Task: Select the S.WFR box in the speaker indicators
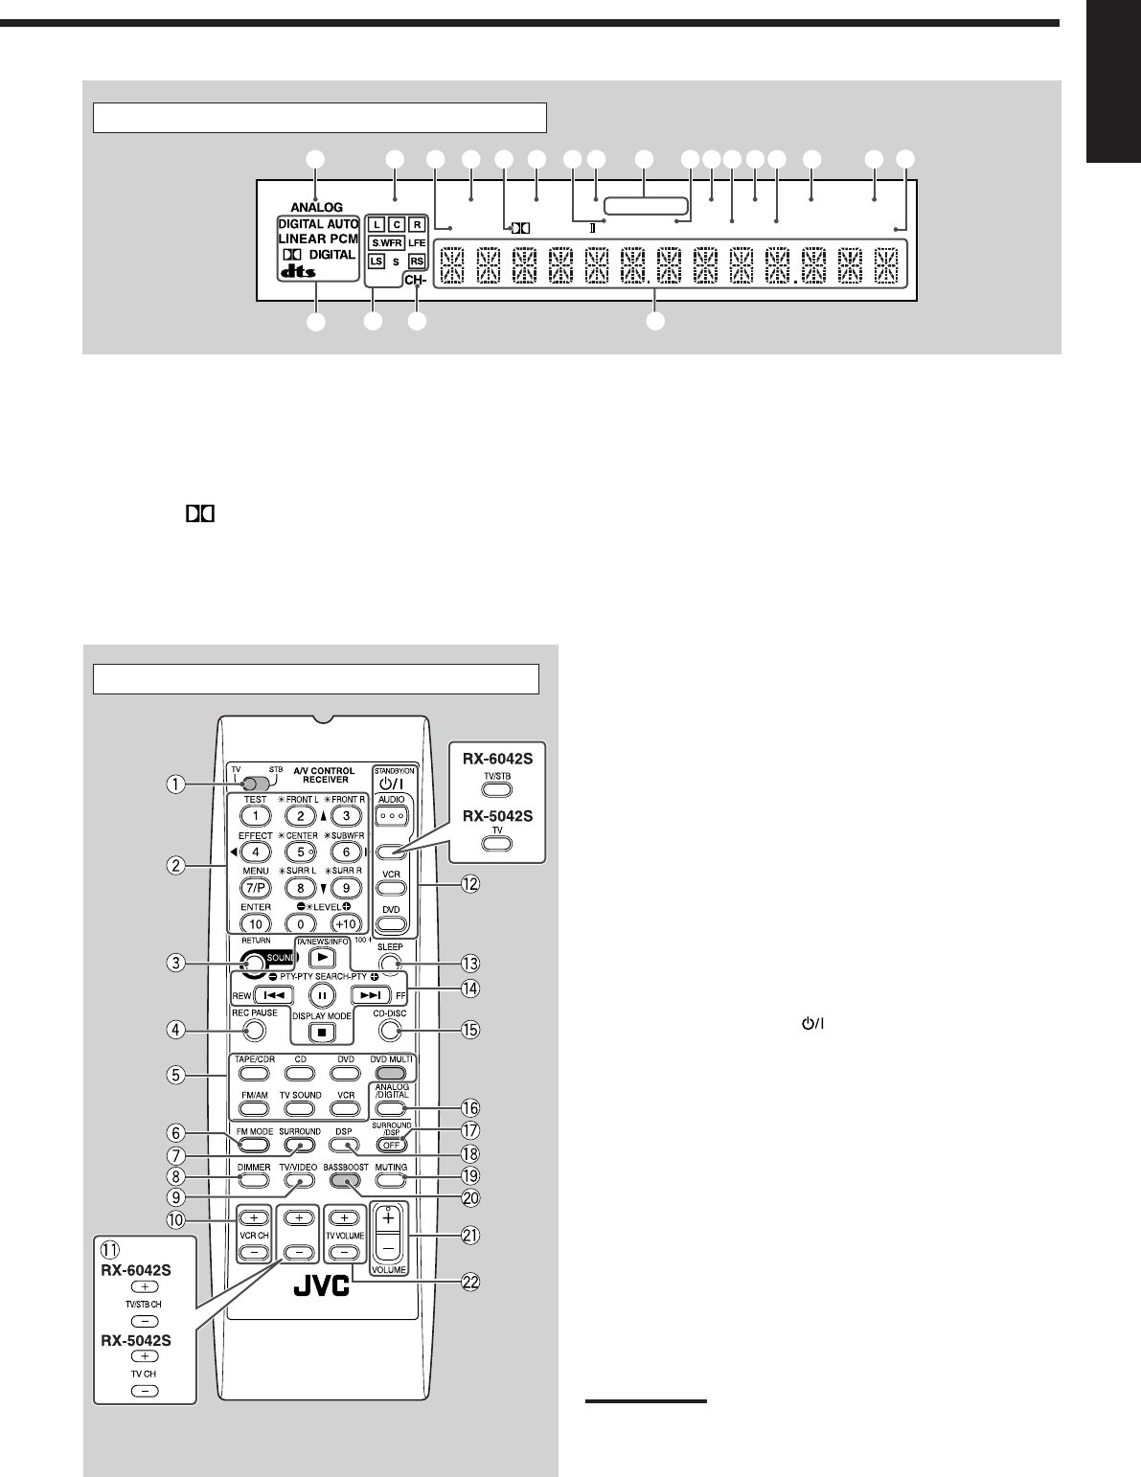pos(388,242)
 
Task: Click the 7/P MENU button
pos(256,888)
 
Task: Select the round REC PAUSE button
pos(254,1031)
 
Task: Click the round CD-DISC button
pos(388,1031)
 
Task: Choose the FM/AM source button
pos(253,1108)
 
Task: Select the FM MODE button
pos(253,1145)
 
